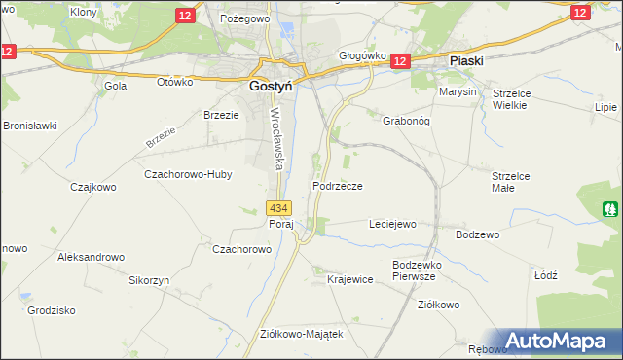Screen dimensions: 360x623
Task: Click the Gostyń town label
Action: (x=261, y=85)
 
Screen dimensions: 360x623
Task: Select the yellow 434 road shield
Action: (x=278, y=208)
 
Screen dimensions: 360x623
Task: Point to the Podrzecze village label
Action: (x=338, y=186)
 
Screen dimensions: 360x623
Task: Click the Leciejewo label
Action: (x=392, y=224)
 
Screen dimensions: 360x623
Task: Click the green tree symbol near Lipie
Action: (x=610, y=208)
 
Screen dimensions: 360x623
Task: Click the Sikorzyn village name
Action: (x=149, y=279)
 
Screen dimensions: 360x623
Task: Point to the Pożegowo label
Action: (x=243, y=18)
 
